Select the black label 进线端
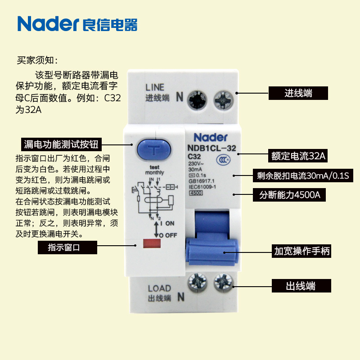point(298,93)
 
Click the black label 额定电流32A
point(298,156)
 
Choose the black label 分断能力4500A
point(292,196)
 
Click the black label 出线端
point(301,286)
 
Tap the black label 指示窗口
point(67,247)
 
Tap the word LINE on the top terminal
point(155,87)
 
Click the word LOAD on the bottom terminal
point(159,288)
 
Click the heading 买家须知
point(37,60)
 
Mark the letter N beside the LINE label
point(179,96)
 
